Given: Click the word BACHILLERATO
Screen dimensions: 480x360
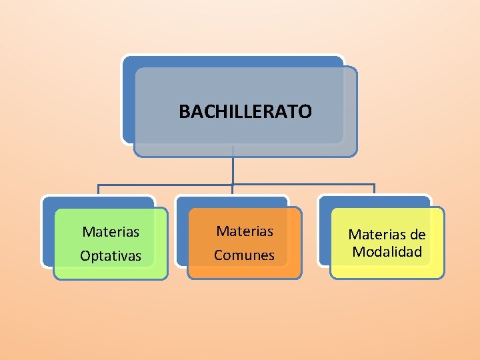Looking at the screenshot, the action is coord(245,111).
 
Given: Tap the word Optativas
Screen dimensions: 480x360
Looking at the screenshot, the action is coord(111,256).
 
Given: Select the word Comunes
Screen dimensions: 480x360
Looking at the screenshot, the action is coord(244,255).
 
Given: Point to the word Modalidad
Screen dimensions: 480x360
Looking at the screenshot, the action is coord(387,252).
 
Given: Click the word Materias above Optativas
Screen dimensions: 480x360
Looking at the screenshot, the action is coord(111,232).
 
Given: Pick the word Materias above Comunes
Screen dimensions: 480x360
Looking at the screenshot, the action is coord(245,231).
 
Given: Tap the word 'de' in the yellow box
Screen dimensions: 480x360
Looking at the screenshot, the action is coord(417,234).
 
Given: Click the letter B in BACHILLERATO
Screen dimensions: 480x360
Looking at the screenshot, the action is coord(183,111).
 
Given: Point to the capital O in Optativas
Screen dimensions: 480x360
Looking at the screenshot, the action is coord(85,256).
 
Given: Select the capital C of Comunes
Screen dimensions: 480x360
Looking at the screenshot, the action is coord(218,255).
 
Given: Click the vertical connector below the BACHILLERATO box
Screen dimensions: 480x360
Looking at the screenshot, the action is coord(233,167).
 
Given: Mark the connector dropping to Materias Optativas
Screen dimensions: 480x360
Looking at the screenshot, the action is coord(99,189).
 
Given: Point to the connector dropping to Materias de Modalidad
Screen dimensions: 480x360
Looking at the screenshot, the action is coord(374,189).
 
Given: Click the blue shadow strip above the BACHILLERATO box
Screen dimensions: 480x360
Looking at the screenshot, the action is coord(233,61).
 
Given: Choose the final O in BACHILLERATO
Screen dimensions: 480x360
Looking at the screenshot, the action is coord(305,111).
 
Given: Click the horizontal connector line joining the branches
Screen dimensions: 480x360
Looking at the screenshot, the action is coord(167,184).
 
